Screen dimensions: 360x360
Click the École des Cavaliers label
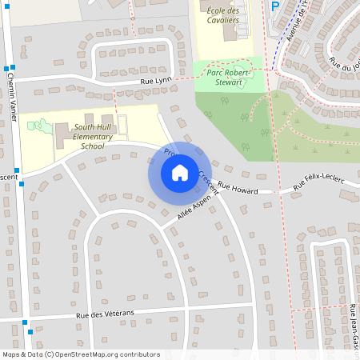tap(223, 15)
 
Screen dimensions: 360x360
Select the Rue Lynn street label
tap(156, 82)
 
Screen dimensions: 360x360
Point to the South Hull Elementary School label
tap(99, 136)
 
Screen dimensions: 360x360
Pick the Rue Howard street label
tap(238, 190)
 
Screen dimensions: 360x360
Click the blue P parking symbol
tap(275, 6)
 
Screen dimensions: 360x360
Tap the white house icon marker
tap(180, 173)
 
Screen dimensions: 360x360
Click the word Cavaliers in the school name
tap(223, 20)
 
